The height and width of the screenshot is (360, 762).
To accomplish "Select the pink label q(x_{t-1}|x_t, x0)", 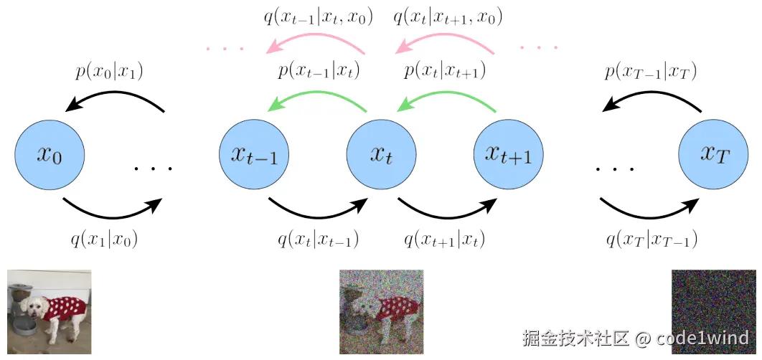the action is click(x=319, y=16).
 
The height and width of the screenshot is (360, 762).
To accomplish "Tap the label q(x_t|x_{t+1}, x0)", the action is click(x=448, y=16).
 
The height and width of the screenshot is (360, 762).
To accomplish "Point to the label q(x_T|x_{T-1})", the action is click(x=652, y=239).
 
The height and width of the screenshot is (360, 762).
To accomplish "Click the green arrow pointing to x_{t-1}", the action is click(x=316, y=99).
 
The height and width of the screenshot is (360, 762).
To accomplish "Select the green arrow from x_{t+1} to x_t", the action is click(x=445, y=99).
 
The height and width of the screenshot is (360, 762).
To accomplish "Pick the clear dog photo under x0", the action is click(x=50, y=312).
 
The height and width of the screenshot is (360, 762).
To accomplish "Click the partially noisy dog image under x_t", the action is click(x=381, y=312).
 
